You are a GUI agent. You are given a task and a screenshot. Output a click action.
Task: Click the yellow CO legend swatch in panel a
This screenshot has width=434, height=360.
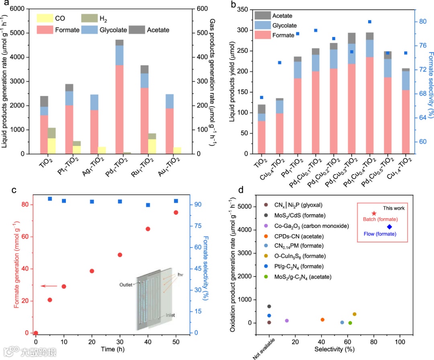coord(45,18)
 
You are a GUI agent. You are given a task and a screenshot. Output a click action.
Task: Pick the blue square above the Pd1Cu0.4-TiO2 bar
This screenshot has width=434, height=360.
coord(370,22)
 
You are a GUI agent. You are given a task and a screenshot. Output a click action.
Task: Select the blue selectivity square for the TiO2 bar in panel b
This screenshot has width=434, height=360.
coord(262,97)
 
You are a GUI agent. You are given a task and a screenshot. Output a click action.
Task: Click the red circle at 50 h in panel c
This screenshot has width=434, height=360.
coord(176,212)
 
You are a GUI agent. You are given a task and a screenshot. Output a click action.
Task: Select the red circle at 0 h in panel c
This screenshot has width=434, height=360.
coord(36,333)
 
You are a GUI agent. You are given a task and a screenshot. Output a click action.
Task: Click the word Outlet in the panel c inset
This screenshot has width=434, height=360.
coord(126,285)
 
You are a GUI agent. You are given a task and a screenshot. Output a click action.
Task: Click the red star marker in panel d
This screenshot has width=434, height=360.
coord(374,213)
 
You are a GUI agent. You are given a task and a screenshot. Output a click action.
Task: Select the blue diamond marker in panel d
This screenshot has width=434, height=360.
coord(389,227)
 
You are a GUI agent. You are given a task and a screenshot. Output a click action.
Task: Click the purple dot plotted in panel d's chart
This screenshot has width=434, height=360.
coord(287,321)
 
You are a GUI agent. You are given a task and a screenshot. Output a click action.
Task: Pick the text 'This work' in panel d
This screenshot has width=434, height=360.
coord(393,208)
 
